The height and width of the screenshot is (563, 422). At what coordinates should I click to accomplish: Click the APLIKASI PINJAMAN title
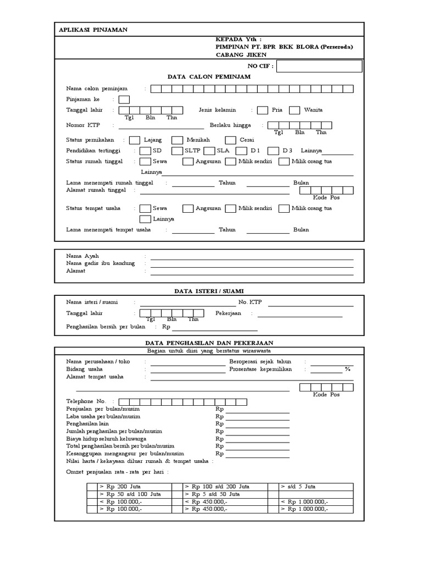tap(93, 30)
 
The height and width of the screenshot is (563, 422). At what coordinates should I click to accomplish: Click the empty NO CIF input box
tap(319, 67)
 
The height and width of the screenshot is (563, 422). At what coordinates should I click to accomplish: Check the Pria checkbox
tap(263, 110)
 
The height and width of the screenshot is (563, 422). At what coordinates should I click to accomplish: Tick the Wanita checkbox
tap(295, 110)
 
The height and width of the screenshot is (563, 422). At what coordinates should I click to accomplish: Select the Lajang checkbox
tap(134, 140)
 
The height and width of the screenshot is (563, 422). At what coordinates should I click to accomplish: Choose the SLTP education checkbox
tap(177, 151)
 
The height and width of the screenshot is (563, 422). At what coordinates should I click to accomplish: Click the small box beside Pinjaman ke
tap(124, 100)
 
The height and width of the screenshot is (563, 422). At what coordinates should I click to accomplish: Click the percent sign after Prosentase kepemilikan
tap(347, 369)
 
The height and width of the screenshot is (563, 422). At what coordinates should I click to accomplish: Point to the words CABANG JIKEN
tap(241, 54)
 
